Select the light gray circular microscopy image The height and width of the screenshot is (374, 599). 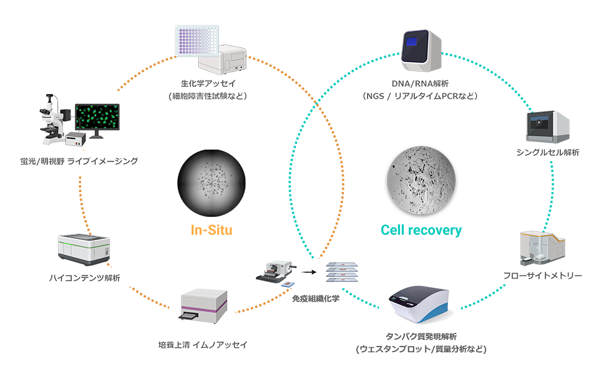tap(419, 178)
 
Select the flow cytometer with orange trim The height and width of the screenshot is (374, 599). tap(542, 249)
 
